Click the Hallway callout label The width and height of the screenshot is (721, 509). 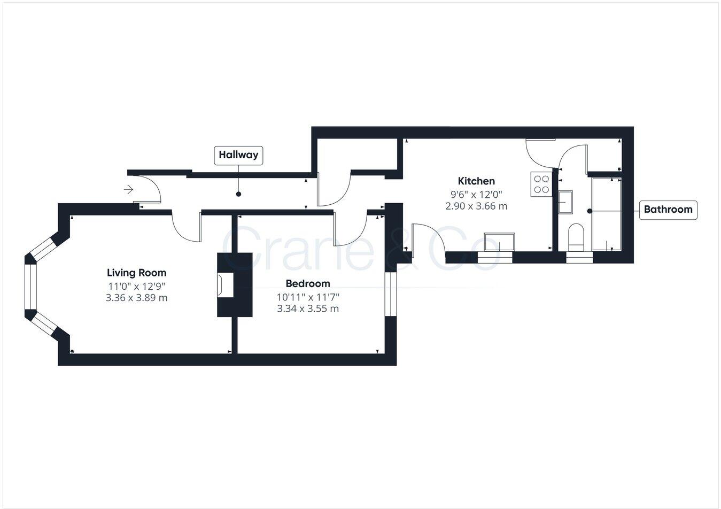click(x=238, y=155)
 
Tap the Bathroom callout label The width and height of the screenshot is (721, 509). click(x=668, y=210)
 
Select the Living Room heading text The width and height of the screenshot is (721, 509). click(x=136, y=273)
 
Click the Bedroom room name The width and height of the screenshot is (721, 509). click(x=307, y=283)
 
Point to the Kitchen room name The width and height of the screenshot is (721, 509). click(x=476, y=181)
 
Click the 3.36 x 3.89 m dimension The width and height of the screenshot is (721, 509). click(x=136, y=298)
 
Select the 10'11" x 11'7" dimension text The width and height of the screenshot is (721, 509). click(x=308, y=297)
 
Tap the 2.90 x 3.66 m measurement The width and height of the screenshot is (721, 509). click(x=476, y=206)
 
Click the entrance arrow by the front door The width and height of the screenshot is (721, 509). click(x=128, y=189)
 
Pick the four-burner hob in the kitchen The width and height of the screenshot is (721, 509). click(x=541, y=184)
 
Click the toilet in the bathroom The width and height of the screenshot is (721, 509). click(x=576, y=238)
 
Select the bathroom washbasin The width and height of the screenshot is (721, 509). click(x=565, y=202)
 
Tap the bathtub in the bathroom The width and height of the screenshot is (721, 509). click(x=607, y=214)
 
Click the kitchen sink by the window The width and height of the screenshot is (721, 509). click(x=499, y=242)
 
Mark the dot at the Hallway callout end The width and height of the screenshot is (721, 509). click(x=238, y=194)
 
